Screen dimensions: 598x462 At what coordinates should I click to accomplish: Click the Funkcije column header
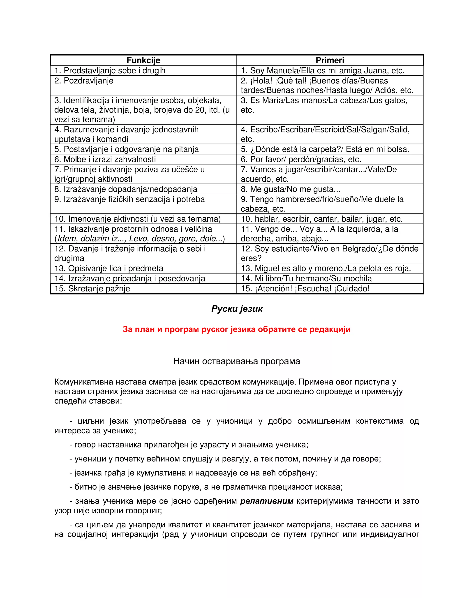tap(143, 60)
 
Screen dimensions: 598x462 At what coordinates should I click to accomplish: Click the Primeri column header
tap(330, 60)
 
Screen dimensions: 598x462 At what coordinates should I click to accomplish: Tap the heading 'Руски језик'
tap(237, 309)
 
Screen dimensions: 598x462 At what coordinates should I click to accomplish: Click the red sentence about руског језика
tap(236, 329)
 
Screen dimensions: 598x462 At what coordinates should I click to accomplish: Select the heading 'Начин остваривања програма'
tap(236, 362)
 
